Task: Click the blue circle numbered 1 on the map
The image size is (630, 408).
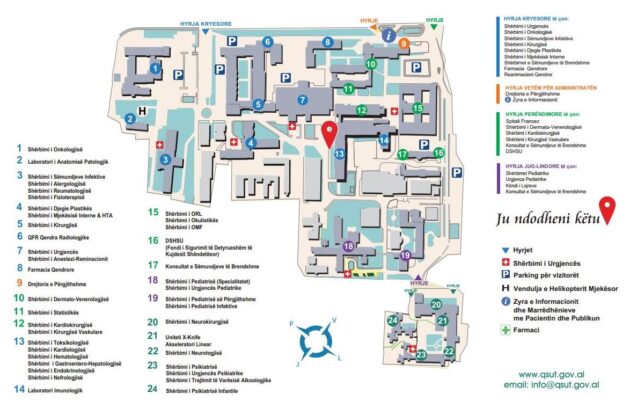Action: click(x=155, y=67)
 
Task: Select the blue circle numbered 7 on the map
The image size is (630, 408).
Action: click(x=301, y=100)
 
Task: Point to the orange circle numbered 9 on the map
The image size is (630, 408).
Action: click(x=404, y=44)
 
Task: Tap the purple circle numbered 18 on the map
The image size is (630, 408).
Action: click(x=349, y=245)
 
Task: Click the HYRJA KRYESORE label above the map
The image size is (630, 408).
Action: click(x=204, y=20)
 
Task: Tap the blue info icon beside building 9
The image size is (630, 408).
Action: click(x=389, y=33)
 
